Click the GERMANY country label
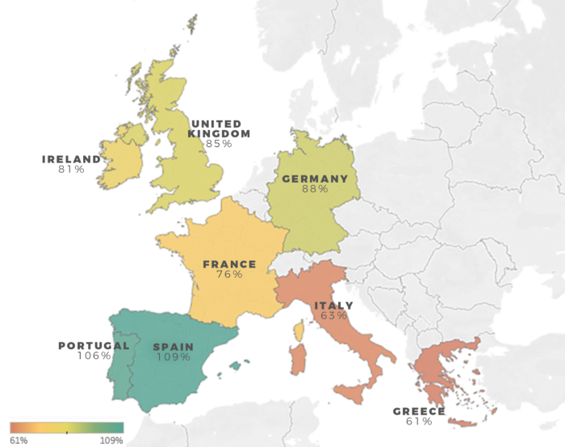point(315,179)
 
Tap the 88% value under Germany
point(315,189)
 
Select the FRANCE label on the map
point(229,264)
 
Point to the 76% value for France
point(230,275)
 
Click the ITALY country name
point(333,306)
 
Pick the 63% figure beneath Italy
point(333,316)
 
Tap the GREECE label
point(419,411)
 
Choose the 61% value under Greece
point(419,422)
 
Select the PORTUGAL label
point(94,345)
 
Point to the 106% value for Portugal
point(94,356)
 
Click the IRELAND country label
point(72,159)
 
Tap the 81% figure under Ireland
point(71,170)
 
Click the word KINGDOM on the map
point(219,133)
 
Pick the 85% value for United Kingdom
point(219,144)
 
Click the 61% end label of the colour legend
point(19,441)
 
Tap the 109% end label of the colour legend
point(111,441)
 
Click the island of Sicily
point(354,394)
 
